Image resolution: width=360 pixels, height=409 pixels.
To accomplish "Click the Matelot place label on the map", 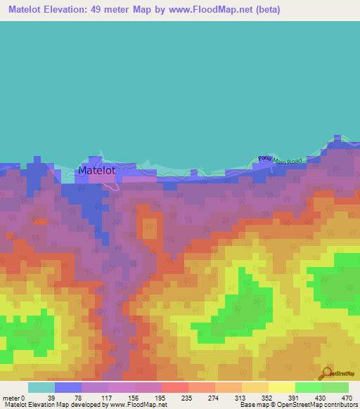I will [96, 170].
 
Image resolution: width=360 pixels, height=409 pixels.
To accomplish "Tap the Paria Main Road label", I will [280, 160].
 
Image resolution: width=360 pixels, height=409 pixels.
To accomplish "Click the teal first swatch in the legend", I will [41, 387].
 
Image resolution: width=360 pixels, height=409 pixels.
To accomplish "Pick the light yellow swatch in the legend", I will [281, 387].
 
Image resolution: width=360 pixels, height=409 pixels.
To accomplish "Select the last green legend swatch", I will [335, 387].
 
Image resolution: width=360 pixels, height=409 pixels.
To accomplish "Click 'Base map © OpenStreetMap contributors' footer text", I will [297, 405].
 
